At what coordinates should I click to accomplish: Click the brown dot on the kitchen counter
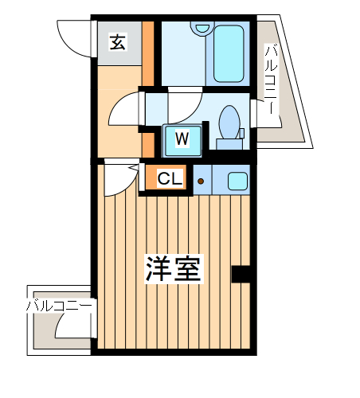(201, 181)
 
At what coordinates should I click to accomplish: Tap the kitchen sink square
(237, 181)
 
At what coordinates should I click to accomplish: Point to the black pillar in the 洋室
(241, 274)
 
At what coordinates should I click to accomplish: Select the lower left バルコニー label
(59, 305)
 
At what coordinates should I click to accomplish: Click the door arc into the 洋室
(115, 179)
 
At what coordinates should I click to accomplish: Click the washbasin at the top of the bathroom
(200, 29)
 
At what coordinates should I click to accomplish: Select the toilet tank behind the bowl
(229, 144)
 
